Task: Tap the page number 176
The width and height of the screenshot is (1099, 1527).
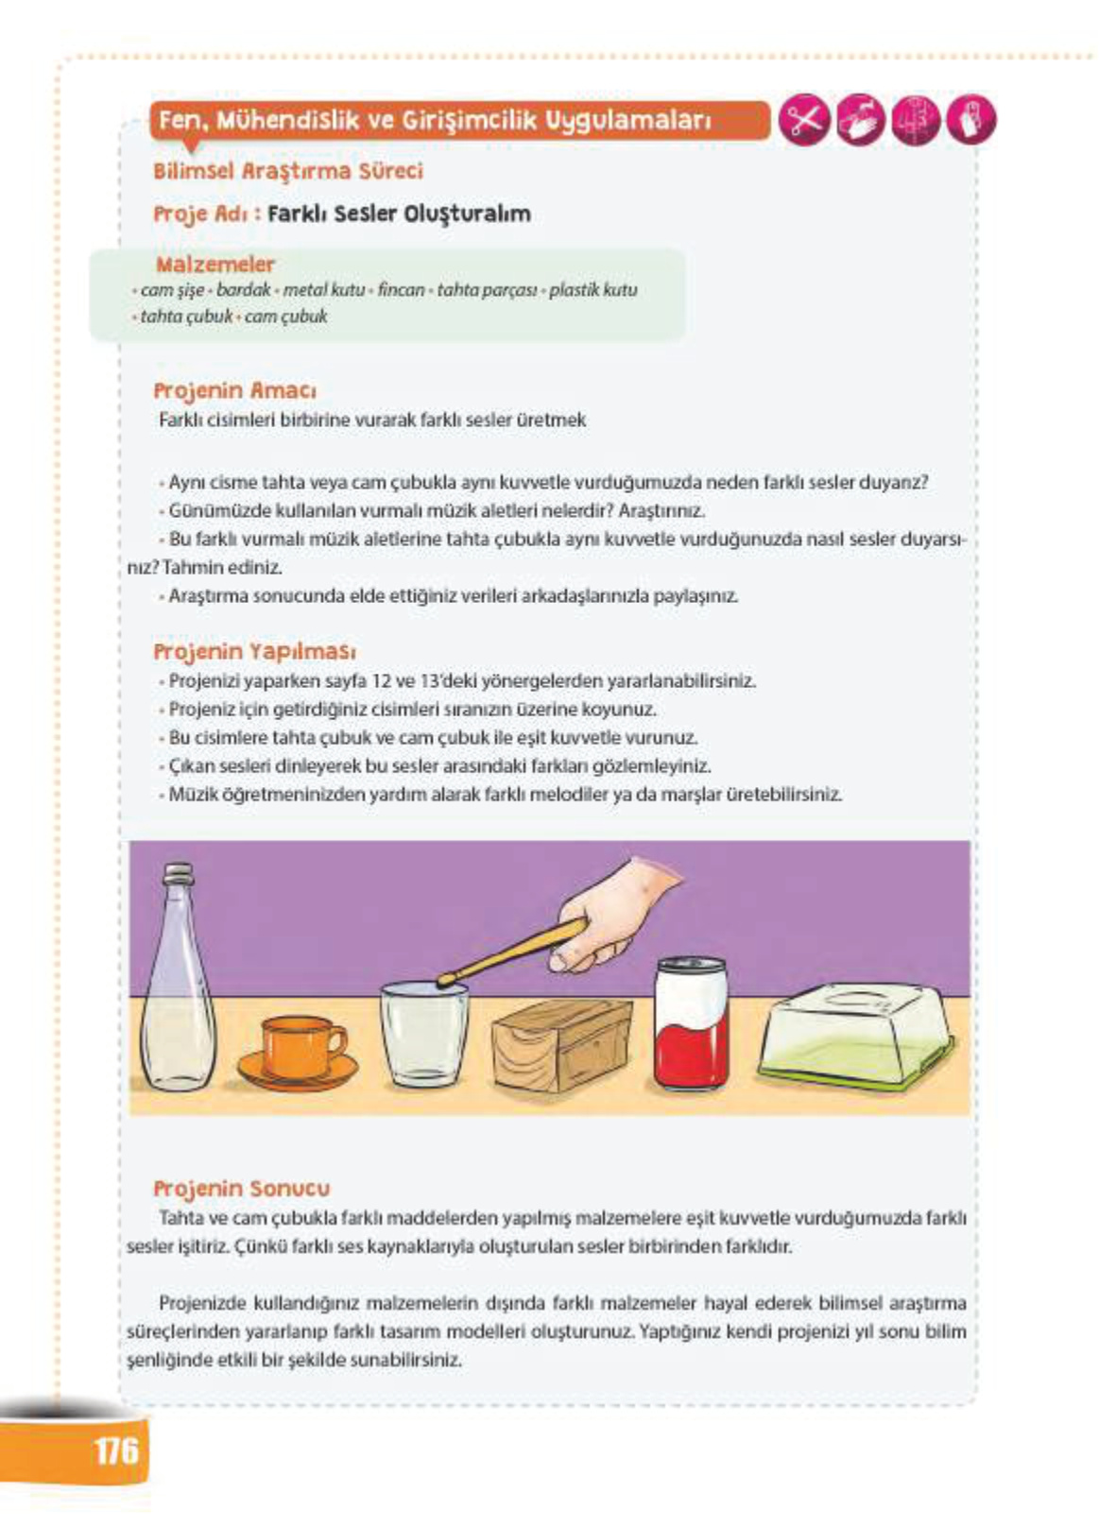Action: click(x=116, y=1449)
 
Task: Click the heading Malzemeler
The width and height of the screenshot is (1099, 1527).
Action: click(x=215, y=264)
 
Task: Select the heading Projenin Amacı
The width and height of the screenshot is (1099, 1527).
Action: click(x=234, y=390)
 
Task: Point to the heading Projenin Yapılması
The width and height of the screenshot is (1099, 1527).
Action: click(x=254, y=651)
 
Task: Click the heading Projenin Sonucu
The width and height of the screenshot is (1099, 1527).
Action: click(x=241, y=1188)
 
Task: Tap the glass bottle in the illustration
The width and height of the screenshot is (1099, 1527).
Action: click(x=178, y=992)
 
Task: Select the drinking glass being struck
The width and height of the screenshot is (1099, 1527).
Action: click(x=424, y=1035)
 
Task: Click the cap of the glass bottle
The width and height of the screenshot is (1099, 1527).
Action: click(x=179, y=875)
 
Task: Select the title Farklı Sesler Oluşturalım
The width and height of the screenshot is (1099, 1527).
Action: click(x=398, y=214)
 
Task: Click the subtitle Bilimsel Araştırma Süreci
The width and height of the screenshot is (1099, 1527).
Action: click(x=287, y=171)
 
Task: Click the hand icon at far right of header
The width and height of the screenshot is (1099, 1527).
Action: click(x=970, y=120)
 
